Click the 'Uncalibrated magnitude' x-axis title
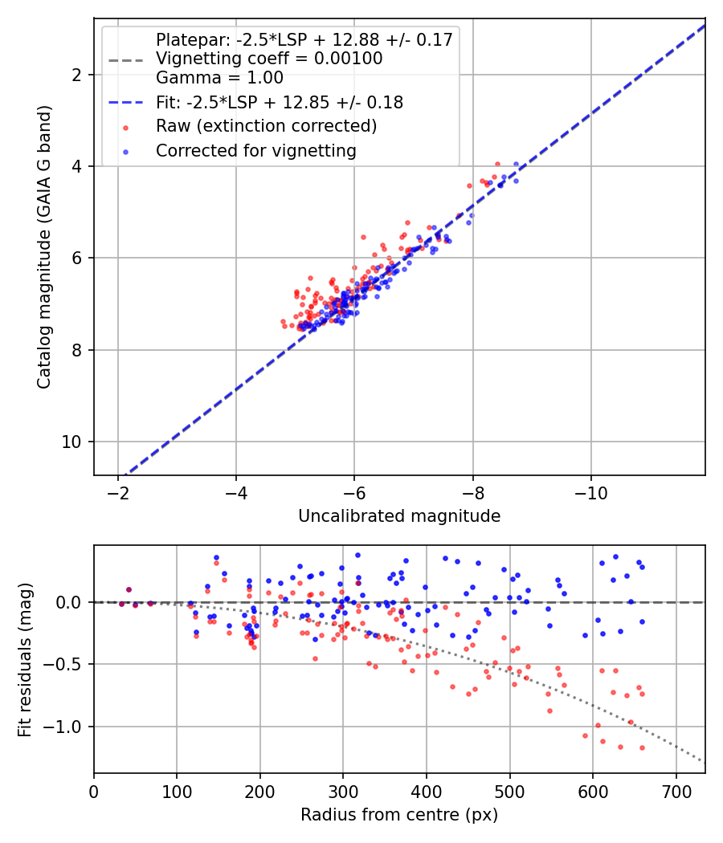pyautogui.click(x=399, y=516)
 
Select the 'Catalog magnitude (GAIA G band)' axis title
pyautogui.click(x=44, y=246)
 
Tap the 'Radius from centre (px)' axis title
pyautogui.click(x=399, y=815)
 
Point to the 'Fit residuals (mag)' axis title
pyautogui.click(x=25, y=660)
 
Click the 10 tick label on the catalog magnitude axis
pyautogui.click(x=71, y=442)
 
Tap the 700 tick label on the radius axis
pyautogui.click(x=676, y=792)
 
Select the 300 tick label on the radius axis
pyautogui.click(x=343, y=792)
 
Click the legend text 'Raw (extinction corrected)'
pyautogui.click(x=266, y=126)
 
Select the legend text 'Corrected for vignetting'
pyautogui.click(x=256, y=151)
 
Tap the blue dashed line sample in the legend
pyautogui.click(x=126, y=102)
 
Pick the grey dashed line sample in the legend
pyautogui.click(x=126, y=60)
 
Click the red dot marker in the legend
pyautogui.click(x=126, y=128)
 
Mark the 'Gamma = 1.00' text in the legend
pyautogui.click(x=219, y=77)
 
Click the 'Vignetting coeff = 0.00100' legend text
pyautogui.click(x=269, y=58)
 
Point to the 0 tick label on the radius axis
pyautogui.click(x=94, y=792)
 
